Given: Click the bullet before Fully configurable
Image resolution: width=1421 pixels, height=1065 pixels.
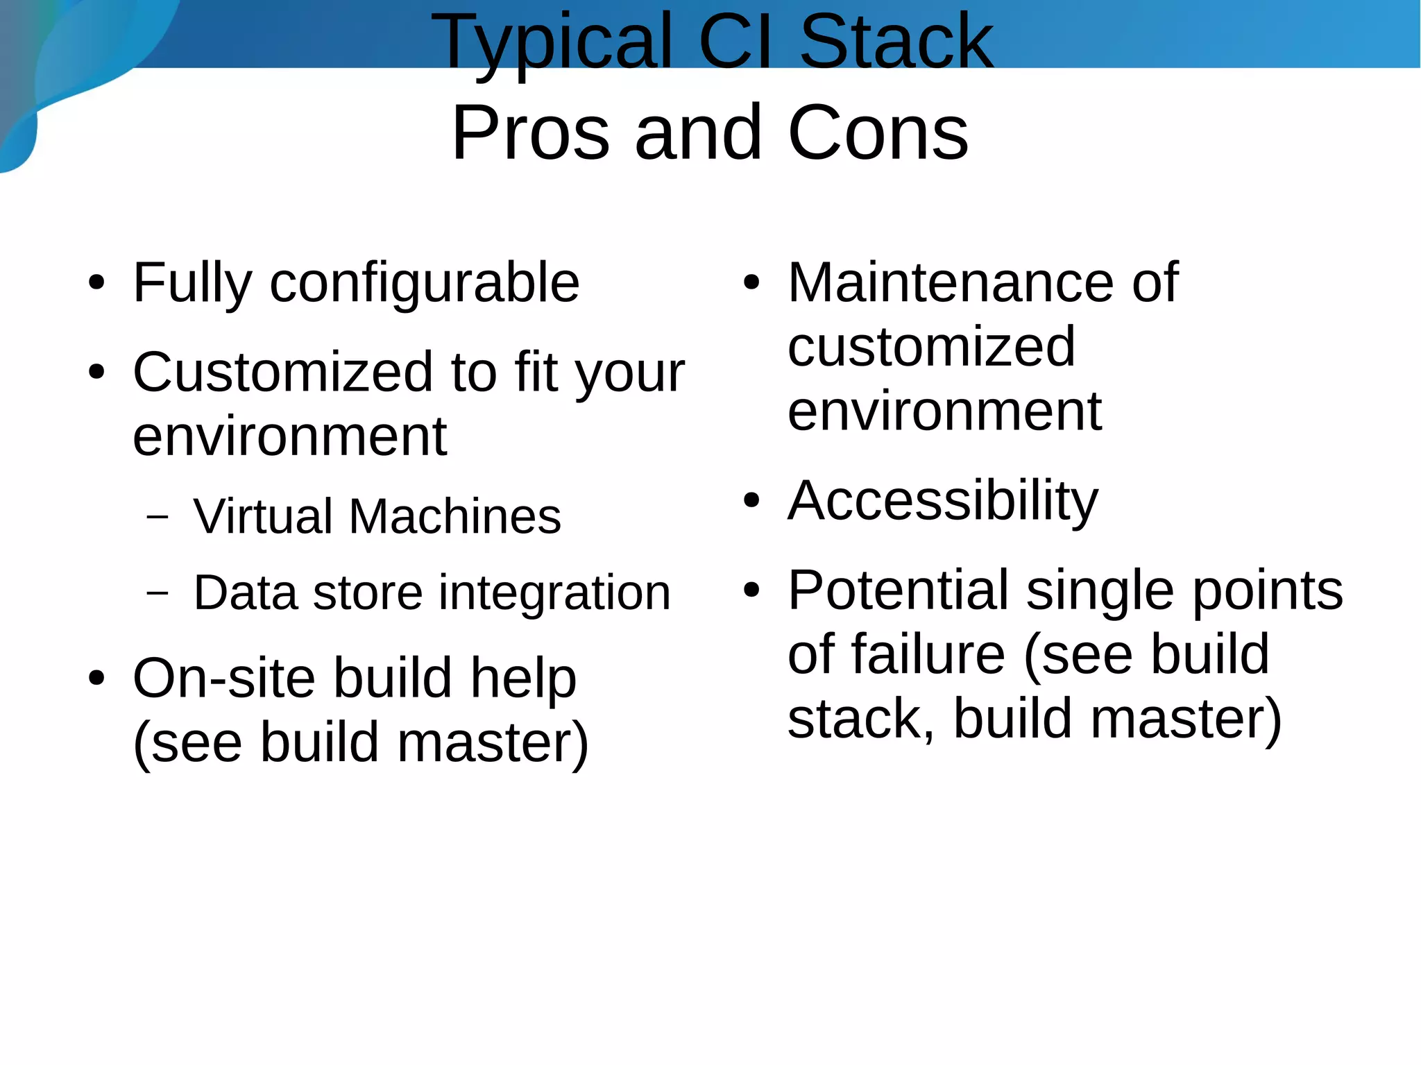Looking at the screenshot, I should [x=96, y=283].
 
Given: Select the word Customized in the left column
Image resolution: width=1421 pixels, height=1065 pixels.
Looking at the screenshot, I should [x=283, y=373].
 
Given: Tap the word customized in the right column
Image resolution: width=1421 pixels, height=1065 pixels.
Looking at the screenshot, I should [x=931, y=346].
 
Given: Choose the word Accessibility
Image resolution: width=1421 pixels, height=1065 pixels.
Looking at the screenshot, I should [x=943, y=502].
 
